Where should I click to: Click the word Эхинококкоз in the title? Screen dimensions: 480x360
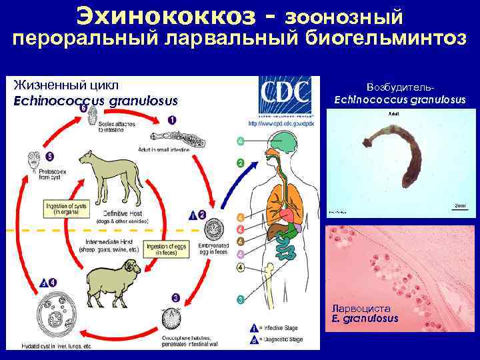coord(165,14)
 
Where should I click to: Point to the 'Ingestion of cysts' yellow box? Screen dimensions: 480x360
coord(69,209)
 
